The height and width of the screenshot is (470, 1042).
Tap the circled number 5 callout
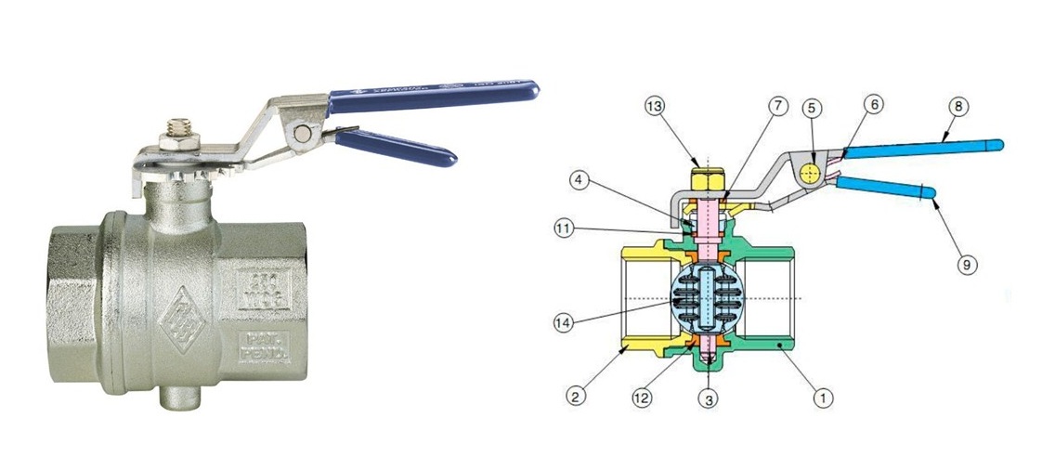813,107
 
